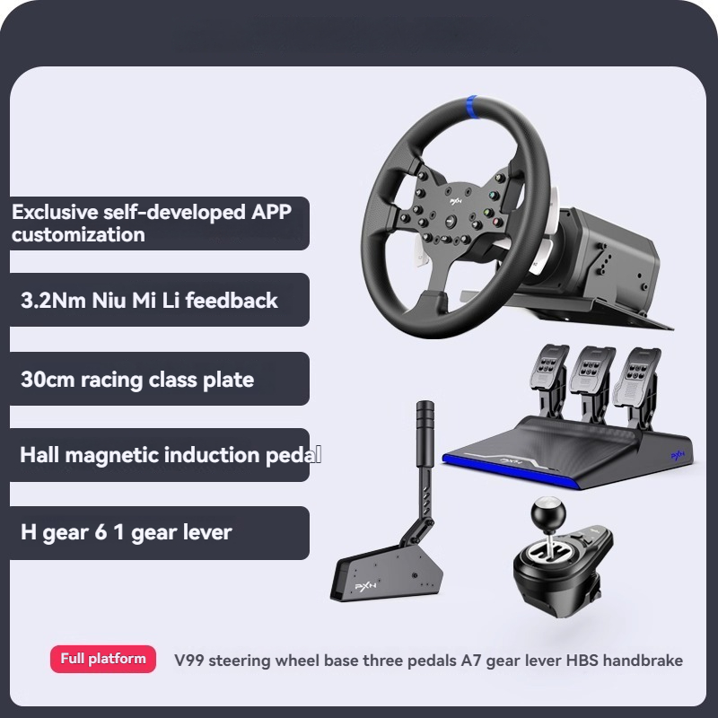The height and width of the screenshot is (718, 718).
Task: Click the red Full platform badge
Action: [103, 659]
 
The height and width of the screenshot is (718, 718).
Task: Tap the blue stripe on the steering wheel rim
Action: [472, 107]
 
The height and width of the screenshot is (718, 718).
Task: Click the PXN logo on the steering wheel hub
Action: [456, 201]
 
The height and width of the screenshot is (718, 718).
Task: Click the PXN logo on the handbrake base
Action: [366, 587]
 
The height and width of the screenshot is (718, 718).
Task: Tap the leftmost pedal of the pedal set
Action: [549, 367]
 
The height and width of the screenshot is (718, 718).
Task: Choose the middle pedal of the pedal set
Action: [591, 370]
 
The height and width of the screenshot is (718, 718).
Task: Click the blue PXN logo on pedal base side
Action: [678, 455]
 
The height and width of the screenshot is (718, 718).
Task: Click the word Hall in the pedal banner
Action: [39, 455]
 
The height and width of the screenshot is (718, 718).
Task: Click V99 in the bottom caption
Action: [189, 661]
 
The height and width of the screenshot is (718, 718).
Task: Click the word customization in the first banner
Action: [78, 235]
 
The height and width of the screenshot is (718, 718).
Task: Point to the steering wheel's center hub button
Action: [451, 220]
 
